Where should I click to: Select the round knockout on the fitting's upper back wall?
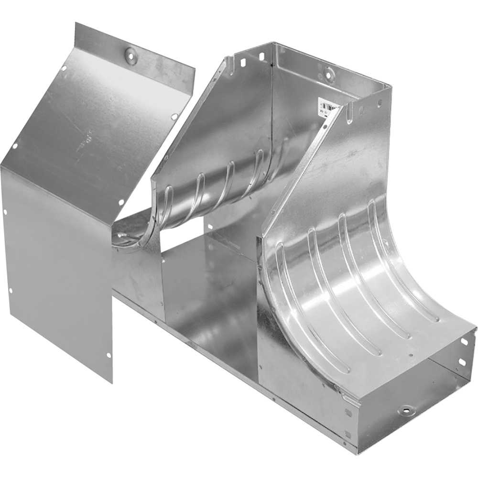[329, 75]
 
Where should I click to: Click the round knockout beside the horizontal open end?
[407, 410]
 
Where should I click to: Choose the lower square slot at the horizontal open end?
[462, 362]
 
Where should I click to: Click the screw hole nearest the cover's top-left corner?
[64, 68]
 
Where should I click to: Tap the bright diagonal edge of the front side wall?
[306, 163]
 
